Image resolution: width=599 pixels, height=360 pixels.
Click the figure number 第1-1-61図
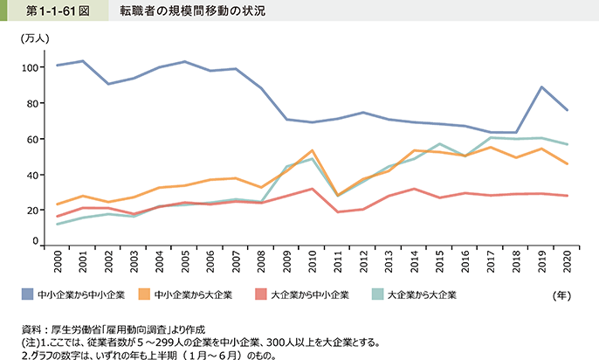[49, 11]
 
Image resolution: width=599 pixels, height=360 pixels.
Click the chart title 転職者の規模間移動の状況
[193, 11]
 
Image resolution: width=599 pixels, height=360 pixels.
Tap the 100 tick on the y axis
[29, 67]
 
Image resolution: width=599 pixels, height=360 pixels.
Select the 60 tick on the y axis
[31, 139]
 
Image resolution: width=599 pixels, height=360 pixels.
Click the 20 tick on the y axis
[31, 211]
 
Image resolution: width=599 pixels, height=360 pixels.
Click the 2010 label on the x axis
[313, 260]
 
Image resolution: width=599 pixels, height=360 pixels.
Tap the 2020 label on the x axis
[567, 260]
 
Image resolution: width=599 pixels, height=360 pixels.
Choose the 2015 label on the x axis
[440, 260]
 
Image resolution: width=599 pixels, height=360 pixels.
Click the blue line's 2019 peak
[541, 87]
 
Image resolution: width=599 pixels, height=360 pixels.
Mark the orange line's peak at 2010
[313, 150]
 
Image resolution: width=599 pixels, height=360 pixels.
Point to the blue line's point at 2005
[185, 62]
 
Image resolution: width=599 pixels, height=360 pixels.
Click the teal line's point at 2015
[440, 144]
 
